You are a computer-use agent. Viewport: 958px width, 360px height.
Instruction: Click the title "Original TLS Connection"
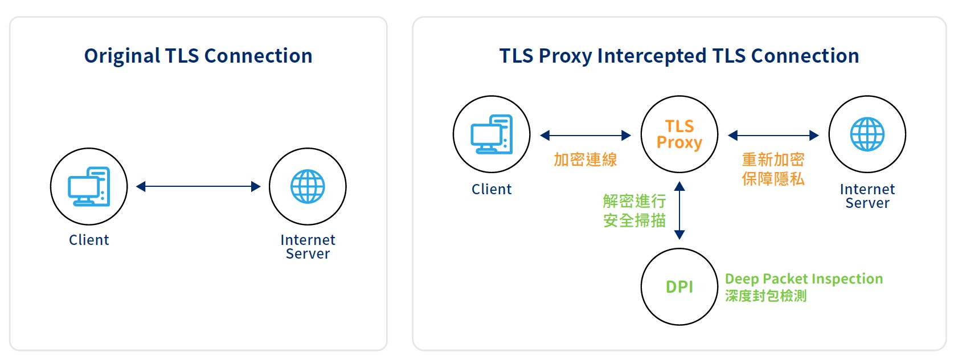point(198,56)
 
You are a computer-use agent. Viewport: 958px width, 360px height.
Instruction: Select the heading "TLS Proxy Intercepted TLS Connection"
point(679,56)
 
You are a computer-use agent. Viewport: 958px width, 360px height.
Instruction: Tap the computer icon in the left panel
point(89,186)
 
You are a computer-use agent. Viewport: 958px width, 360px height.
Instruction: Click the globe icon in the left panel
point(308,186)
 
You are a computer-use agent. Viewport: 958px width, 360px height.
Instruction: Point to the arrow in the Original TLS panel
point(198,186)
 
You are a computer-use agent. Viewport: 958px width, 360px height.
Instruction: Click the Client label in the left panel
point(89,240)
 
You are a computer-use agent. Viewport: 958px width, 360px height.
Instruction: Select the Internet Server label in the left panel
point(308,247)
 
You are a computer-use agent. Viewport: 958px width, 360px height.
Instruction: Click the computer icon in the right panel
point(492,134)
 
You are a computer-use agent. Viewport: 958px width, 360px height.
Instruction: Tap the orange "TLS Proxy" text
point(679,134)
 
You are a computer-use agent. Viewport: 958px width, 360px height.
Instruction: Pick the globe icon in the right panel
point(867,134)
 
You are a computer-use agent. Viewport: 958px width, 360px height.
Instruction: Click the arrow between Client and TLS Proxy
point(586,136)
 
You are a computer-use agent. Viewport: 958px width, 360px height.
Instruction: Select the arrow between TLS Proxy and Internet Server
point(773,136)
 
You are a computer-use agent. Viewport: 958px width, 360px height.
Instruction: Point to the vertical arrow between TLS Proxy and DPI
point(679,210)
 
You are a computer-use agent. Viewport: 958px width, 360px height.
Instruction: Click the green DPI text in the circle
point(679,287)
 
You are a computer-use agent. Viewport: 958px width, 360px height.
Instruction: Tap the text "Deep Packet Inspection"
point(804,279)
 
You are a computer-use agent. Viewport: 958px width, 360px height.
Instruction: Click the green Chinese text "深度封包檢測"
point(765,296)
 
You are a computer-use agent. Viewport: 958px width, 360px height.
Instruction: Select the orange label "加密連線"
point(586,160)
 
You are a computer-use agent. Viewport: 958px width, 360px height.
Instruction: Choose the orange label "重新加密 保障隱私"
point(773,169)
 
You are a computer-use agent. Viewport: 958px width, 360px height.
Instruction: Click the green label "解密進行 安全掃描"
point(634,210)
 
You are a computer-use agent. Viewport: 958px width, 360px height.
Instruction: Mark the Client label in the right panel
point(492,189)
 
